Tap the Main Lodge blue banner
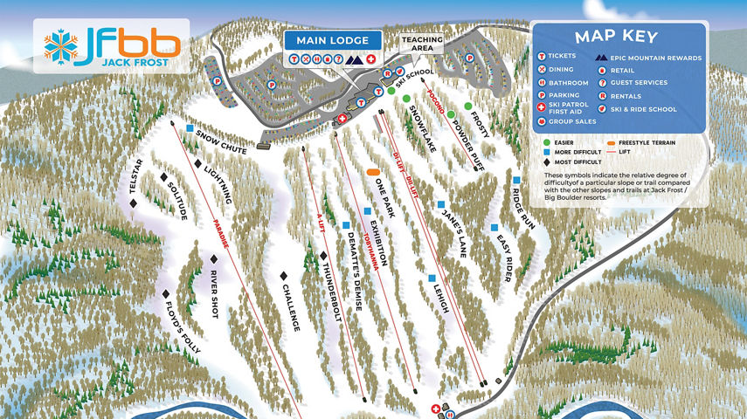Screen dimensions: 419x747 point(332,40)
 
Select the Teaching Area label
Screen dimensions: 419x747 point(422,45)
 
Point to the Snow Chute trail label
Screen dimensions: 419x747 point(222,142)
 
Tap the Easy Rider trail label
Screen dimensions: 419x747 point(503,258)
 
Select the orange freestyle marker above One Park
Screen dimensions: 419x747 point(373,172)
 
